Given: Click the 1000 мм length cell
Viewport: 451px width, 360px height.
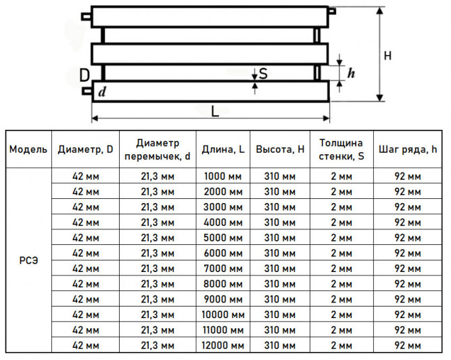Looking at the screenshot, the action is (x=223, y=176).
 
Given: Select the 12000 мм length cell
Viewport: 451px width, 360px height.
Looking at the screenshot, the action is (x=223, y=345).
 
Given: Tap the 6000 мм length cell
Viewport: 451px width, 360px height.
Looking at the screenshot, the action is (x=223, y=253).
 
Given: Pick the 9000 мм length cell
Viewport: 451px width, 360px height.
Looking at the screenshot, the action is (x=223, y=299).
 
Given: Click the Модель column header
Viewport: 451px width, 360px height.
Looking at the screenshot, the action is (x=28, y=150).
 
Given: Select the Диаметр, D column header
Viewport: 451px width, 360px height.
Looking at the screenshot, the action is (x=85, y=150).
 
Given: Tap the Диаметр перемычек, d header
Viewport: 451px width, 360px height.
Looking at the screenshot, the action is (x=158, y=150).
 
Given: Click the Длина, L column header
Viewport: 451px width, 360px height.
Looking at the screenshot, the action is (x=223, y=150).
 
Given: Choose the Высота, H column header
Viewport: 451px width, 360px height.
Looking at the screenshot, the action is (x=280, y=150).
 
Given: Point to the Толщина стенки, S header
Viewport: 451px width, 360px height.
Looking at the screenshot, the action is (x=341, y=150).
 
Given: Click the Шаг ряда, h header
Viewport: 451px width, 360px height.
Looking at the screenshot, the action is (x=408, y=150).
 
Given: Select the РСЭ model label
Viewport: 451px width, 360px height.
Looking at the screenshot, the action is (x=28, y=261).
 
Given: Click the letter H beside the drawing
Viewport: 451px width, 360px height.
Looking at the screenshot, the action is (x=387, y=55).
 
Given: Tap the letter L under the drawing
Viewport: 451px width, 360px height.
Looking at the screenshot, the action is (x=215, y=112).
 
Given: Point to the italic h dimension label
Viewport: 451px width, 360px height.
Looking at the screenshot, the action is (x=351, y=73).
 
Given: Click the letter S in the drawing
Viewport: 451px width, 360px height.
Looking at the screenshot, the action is (x=263, y=74).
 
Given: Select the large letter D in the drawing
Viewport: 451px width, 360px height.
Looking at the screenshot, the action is (x=85, y=75).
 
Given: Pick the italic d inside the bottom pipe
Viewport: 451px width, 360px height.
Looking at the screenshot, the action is (x=102, y=92).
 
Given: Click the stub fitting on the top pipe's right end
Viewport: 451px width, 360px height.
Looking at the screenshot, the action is (x=332, y=12).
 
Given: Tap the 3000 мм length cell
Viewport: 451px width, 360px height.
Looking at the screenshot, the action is (x=223, y=207).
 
